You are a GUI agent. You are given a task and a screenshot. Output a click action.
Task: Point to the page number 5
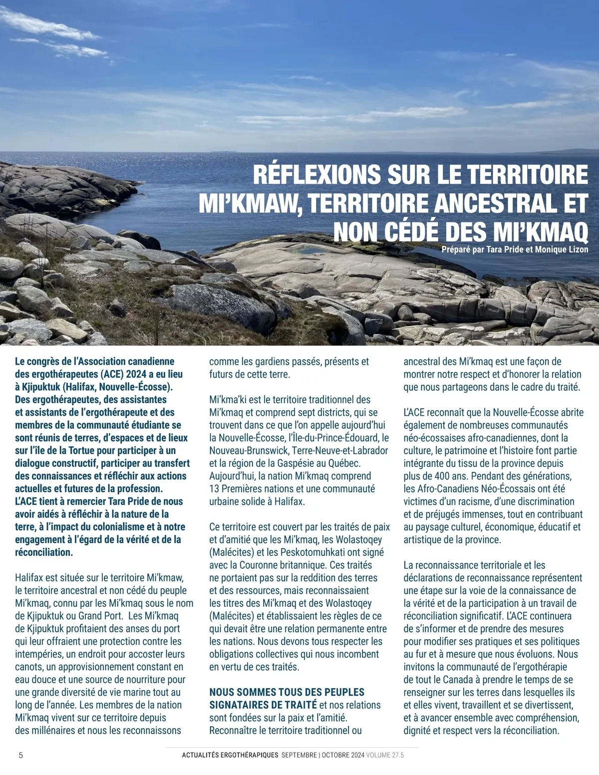pyautogui.click(x=20, y=755)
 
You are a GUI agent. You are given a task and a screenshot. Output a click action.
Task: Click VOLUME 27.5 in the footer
pyautogui.click(x=385, y=755)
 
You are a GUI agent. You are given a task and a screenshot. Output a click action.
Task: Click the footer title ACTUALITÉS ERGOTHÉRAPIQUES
pyautogui.click(x=230, y=755)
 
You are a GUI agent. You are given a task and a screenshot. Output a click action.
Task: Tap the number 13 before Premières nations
pyautogui.click(x=214, y=489)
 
